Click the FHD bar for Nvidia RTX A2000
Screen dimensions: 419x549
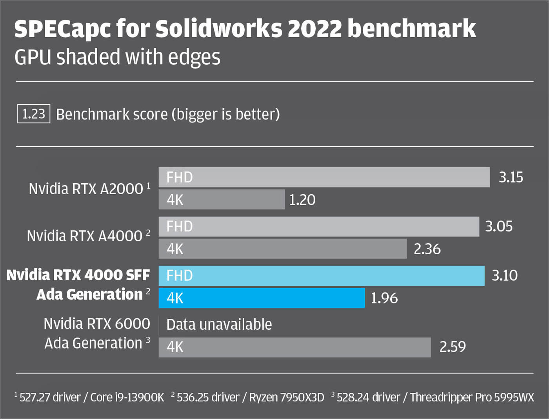pos(324,177)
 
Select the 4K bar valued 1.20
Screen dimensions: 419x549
pos(222,200)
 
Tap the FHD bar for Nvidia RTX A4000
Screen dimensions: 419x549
pos(319,227)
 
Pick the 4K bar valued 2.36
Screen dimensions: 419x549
pos(282,249)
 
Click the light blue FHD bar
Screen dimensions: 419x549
pos(322,276)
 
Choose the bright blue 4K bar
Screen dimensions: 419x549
pos(262,298)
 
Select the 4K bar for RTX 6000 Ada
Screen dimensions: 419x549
pos(294,347)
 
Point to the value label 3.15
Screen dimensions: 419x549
pos(511,177)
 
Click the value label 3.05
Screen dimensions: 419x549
pos(499,227)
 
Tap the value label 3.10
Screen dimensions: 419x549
pos(505,276)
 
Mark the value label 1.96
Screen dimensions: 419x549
pos(384,298)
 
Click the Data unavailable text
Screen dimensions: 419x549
pos(219,325)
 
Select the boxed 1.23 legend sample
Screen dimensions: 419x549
pos(34,114)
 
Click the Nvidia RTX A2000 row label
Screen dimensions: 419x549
pos(86,189)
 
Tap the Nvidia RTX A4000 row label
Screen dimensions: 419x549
pos(85,236)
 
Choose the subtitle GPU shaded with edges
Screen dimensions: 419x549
pos(117,57)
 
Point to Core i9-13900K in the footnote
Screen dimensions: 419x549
pos(127,397)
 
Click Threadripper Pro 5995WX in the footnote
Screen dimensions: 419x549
pos(472,397)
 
